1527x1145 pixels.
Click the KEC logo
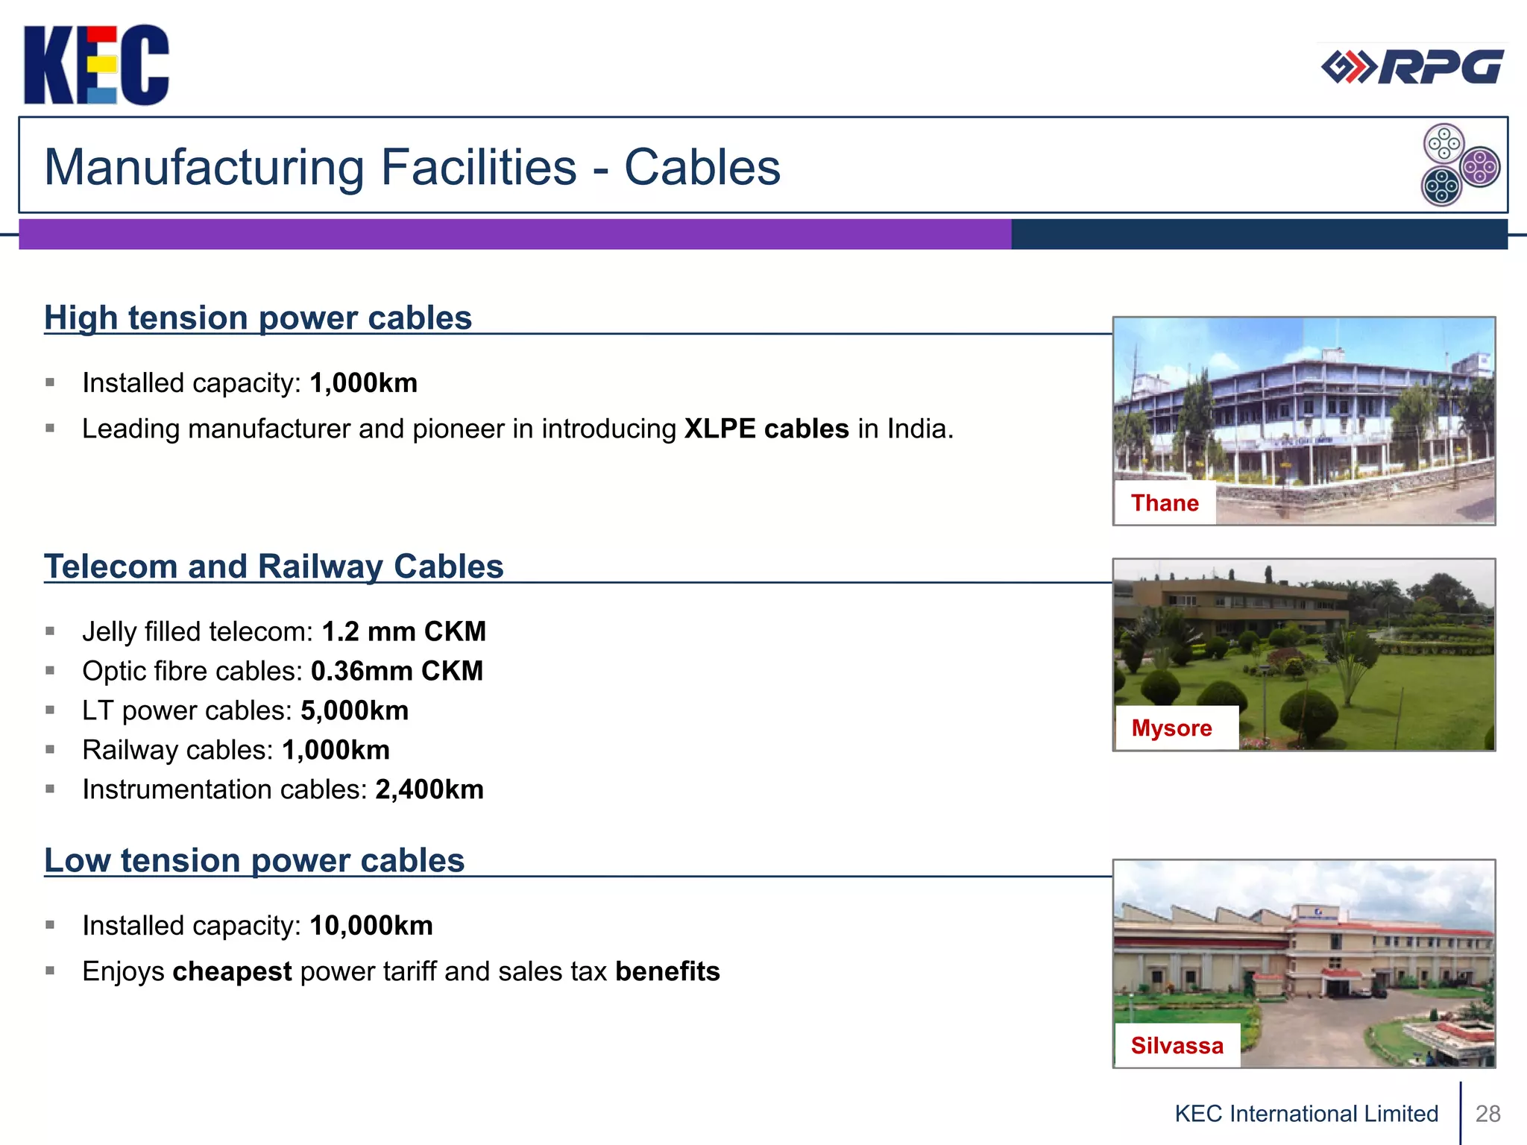[96, 65]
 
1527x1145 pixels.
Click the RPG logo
[1412, 68]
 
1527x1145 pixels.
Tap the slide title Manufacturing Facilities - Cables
[412, 167]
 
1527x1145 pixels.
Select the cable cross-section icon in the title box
[1460, 165]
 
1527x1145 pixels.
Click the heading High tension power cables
[258, 318]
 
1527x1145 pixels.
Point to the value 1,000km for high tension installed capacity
[363, 383]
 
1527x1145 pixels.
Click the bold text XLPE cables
[766, 429]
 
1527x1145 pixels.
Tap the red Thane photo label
[1165, 503]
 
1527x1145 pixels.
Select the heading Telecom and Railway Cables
[274, 567]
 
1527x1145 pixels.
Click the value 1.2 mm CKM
[403, 632]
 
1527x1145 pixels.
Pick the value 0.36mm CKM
[397, 672]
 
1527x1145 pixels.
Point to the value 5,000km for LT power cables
[354, 711]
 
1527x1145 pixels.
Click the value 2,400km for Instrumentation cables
[429, 790]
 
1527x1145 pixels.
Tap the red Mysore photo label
[1171, 728]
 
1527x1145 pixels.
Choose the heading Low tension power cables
[254, 861]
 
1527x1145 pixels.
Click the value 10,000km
[371, 926]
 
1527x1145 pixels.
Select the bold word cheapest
[232, 972]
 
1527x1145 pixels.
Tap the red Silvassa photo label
[1177, 1046]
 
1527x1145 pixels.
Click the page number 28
[1487, 1114]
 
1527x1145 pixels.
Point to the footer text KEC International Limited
[1306, 1114]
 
